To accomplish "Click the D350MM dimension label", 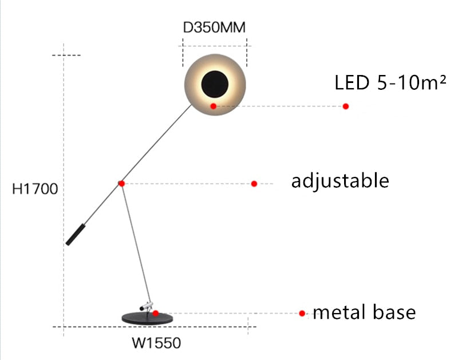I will (x=215, y=27).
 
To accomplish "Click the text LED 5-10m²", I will (x=390, y=83).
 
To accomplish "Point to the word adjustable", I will (x=340, y=181).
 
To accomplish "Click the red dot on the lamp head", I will (x=213, y=106).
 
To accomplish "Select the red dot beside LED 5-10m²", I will (x=346, y=106).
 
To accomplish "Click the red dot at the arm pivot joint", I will (x=121, y=184).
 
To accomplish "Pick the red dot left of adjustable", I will (x=254, y=184).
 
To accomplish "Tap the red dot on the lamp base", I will (x=156, y=313).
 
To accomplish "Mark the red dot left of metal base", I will (x=302, y=313).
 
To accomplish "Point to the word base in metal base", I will (x=395, y=312).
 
